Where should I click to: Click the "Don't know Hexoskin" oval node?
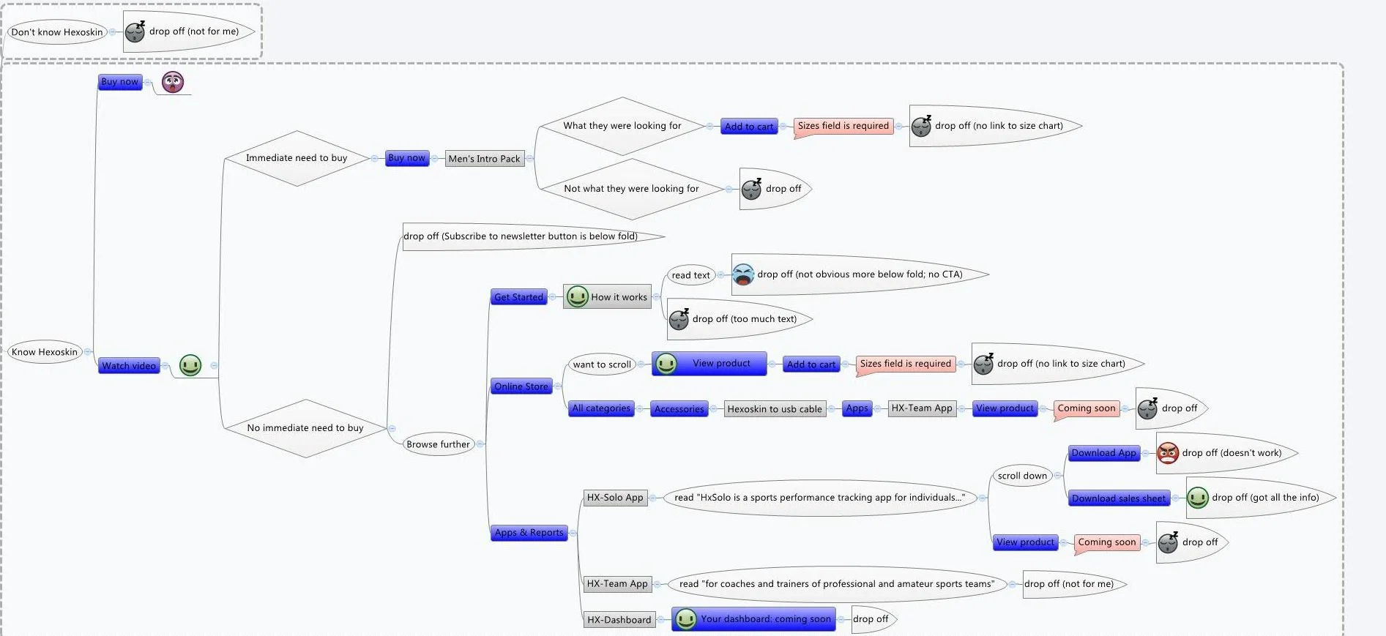[57, 32]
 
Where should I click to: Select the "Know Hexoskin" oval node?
[45, 352]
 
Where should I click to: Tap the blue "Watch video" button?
[129, 366]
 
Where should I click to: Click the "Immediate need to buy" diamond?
[297, 158]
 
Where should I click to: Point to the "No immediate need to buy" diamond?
[305, 428]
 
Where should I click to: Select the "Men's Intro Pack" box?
[484, 159]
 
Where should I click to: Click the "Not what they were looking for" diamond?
[631, 189]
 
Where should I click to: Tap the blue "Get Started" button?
[518, 297]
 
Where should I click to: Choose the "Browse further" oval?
[438, 444]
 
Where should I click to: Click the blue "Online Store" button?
[521, 386]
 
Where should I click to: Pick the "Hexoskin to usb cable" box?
[775, 409]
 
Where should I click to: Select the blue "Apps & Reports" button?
[529, 533]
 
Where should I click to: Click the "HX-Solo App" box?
[615, 498]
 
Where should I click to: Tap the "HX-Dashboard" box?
[619, 620]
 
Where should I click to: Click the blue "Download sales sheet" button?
[1118, 498]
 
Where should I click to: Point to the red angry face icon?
[1168, 453]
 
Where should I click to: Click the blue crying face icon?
[743, 274]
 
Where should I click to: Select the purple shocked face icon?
[173, 82]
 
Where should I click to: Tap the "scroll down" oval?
[1022, 476]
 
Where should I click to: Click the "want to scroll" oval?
[602, 364]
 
